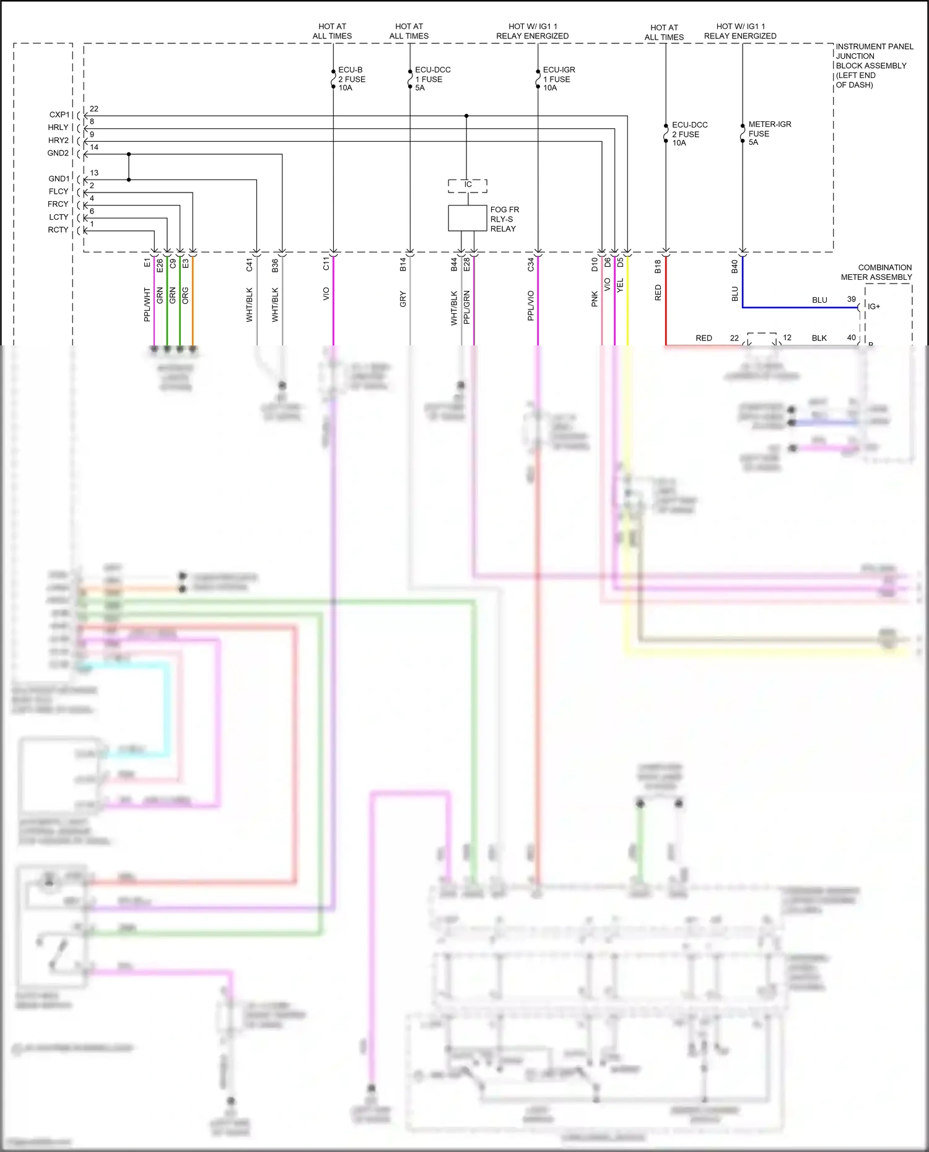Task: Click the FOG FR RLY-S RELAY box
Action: point(467,218)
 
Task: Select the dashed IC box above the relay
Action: point(468,185)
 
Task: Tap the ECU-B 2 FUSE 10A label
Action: point(351,79)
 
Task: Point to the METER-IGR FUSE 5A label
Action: point(769,133)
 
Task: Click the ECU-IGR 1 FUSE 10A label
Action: point(558,79)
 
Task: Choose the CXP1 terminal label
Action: point(59,115)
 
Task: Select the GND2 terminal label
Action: point(58,153)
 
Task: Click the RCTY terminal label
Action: point(58,230)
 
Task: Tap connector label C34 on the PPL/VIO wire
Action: point(531,265)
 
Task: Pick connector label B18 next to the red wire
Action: point(658,266)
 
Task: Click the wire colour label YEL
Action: point(620,285)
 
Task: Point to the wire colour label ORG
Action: point(185,295)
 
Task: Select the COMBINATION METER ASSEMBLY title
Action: point(876,272)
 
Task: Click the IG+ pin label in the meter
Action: point(874,306)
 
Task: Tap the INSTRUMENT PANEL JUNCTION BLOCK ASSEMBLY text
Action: point(873,65)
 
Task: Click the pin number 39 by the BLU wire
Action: point(851,299)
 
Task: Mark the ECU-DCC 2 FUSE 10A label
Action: point(689,134)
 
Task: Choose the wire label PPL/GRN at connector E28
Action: point(467,307)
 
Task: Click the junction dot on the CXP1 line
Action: point(466,116)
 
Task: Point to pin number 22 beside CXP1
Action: point(94,109)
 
